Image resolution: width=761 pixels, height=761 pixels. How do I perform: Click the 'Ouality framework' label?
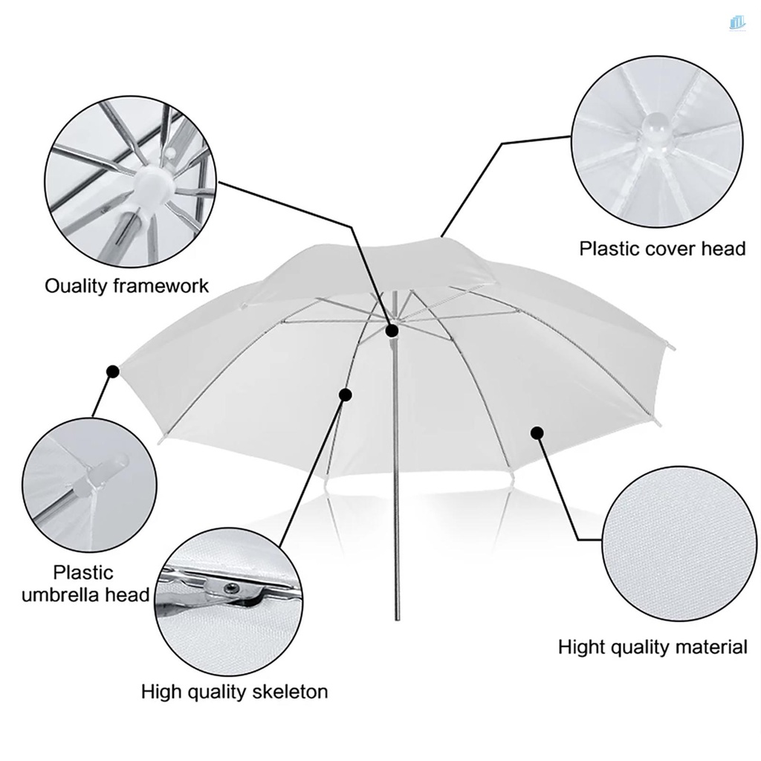pyautogui.click(x=127, y=286)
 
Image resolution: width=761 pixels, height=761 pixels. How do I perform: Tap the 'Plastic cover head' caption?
pyautogui.click(x=662, y=248)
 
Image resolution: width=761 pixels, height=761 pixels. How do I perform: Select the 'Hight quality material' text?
pyautogui.click(x=652, y=647)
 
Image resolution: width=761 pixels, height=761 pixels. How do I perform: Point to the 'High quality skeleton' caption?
pyautogui.click(x=234, y=692)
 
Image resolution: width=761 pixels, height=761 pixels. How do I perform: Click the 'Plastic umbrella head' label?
pyautogui.click(x=85, y=583)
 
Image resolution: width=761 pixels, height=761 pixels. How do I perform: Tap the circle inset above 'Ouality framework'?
pyautogui.click(x=131, y=182)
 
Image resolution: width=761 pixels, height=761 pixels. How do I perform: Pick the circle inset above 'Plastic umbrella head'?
pyautogui.click(x=90, y=484)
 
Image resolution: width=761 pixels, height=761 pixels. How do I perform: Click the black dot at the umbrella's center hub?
pyautogui.click(x=392, y=330)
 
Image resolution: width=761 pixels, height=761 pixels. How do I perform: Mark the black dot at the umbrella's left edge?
pyautogui.click(x=113, y=370)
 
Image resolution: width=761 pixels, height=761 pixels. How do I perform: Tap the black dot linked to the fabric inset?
pyautogui.click(x=537, y=433)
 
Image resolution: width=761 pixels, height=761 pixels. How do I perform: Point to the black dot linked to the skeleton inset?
pyautogui.click(x=345, y=393)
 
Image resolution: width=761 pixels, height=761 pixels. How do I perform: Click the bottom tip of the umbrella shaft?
pyautogui.click(x=395, y=617)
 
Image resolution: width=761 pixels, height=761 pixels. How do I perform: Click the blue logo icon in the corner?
pyautogui.click(x=736, y=23)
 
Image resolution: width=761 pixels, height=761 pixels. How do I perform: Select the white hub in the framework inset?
pyautogui.click(x=153, y=181)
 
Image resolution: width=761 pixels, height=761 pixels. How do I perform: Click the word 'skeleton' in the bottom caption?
pyautogui.click(x=291, y=692)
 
